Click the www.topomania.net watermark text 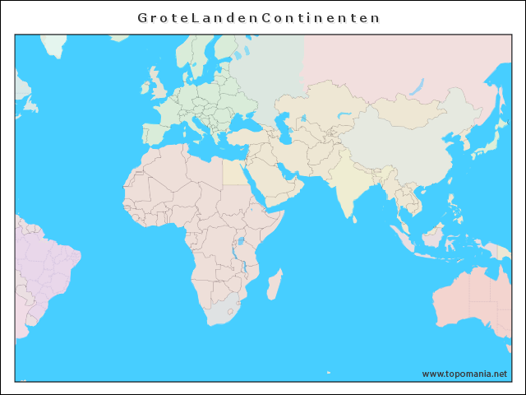464,374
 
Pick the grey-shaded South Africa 224,314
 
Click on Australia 473,300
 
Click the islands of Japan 489,140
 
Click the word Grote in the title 164,16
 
